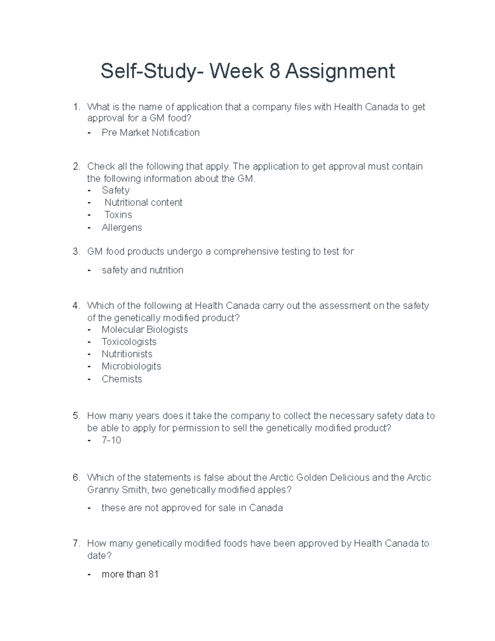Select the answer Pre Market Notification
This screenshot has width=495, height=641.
click(151, 132)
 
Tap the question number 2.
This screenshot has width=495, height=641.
click(76, 166)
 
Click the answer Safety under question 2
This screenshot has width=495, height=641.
click(115, 190)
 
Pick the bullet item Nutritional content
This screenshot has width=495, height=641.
click(143, 203)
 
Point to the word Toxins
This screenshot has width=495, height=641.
click(118, 215)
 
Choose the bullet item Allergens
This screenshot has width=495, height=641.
click(122, 227)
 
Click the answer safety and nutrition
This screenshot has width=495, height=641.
click(142, 270)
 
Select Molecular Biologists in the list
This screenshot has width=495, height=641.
click(144, 329)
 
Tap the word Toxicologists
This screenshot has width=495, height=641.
click(129, 342)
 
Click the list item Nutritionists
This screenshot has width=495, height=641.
click(127, 354)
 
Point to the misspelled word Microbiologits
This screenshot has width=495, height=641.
click(131, 366)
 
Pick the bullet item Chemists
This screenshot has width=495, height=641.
click(122, 379)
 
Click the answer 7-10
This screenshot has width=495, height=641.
click(111, 440)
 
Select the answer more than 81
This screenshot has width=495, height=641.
click(130, 574)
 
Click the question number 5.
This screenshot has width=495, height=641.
click(76, 416)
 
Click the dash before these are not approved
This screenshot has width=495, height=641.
click(89, 508)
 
